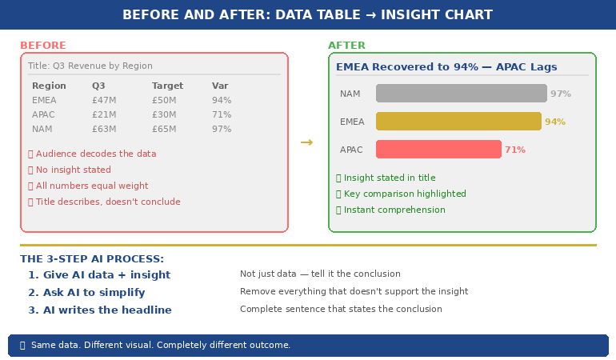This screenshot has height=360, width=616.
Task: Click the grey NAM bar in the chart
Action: pos(461,94)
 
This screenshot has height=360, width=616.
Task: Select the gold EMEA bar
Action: pos(458,122)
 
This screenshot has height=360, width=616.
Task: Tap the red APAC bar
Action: pos(438,150)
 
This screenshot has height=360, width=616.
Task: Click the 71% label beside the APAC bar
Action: pos(514,150)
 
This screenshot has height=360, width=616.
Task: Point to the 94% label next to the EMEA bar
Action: pos(554,122)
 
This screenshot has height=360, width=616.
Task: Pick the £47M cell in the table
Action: pos(104,100)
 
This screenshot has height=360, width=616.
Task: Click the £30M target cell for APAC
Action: pos(164,114)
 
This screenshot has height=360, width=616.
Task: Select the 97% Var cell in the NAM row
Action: pos(222,129)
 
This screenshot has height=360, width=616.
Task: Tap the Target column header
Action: pos(167,86)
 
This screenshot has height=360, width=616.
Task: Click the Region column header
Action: pos(48,86)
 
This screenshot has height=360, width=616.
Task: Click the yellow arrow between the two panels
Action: pos(306,142)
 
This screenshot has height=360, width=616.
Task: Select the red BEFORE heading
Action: pos(43,46)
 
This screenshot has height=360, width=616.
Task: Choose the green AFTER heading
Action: pos(346,46)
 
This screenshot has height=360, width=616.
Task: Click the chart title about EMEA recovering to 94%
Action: pos(446,67)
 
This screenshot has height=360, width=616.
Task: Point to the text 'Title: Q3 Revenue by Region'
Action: pos(90,66)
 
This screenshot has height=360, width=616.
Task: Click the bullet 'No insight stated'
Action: pos(73,170)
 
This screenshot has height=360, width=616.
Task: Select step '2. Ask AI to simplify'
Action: pos(86,293)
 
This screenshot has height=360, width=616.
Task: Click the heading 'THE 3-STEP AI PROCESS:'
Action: pos(92,259)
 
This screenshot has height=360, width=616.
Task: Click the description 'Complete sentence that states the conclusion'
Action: pos(341,310)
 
